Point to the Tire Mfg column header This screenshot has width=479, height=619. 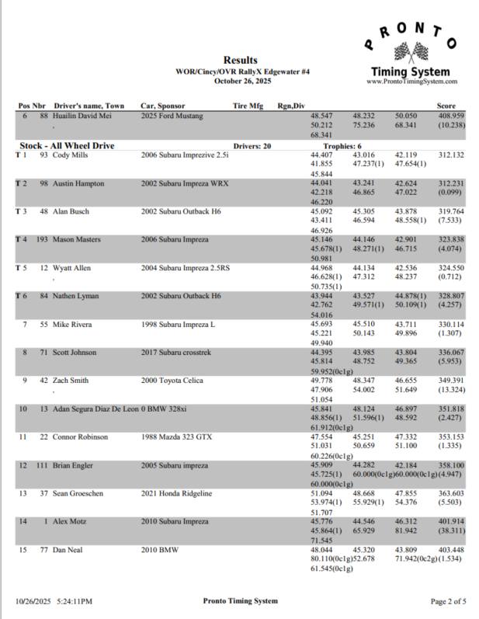(248, 106)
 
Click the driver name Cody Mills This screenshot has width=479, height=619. (71, 155)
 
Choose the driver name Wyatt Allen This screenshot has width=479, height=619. (71, 268)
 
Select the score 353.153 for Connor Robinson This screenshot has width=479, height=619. (450, 437)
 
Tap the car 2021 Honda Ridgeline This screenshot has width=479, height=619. (176, 493)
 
